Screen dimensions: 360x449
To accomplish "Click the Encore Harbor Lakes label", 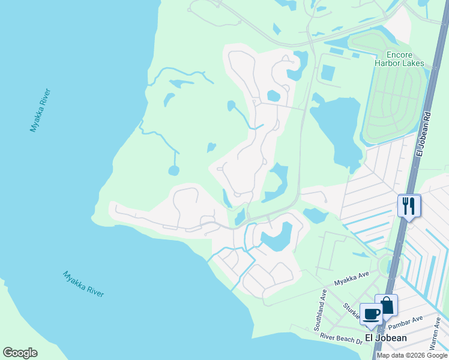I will [x=399, y=58].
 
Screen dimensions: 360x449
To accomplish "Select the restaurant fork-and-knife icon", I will [x=409, y=206].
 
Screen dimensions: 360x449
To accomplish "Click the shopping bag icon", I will [x=386, y=305].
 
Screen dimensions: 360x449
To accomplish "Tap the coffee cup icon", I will [x=371, y=314].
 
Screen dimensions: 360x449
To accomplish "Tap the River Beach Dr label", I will [x=341, y=339].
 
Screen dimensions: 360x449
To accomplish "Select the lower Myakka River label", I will [x=83, y=284].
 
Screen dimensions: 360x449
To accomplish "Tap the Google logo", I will [x=20, y=353].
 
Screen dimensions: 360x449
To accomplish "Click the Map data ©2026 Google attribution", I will [x=412, y=355].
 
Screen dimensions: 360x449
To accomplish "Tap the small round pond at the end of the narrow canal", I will [x=173, y=170].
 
